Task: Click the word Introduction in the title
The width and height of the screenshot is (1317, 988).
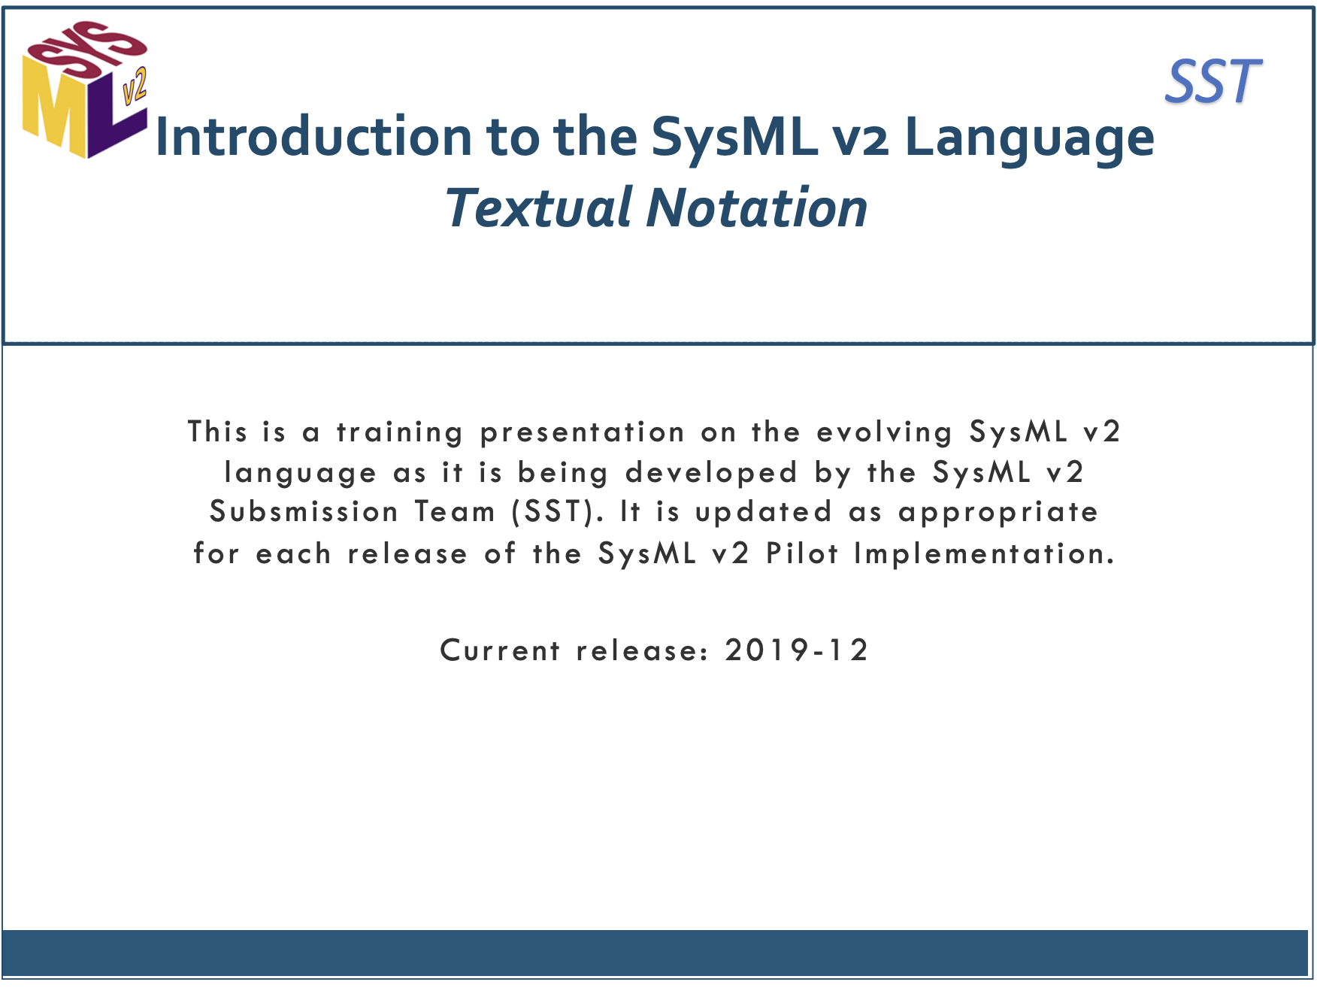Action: click(x=313, y=137)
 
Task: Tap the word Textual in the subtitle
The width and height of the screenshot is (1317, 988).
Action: click(x=539, y=208)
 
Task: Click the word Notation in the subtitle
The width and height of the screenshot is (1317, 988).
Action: click(x=757, y=208)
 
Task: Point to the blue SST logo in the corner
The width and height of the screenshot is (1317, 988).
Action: click(x=1213, y=81)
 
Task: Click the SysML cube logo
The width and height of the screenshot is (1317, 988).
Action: click(x=84, y=89)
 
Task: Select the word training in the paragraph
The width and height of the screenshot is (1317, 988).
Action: click(x=399, y=432)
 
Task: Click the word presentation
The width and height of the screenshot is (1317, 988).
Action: click(x=583, y=432)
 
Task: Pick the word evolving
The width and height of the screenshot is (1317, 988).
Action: click(x=885, y=432)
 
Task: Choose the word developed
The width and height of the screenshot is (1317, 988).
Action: click(x=711, y=473)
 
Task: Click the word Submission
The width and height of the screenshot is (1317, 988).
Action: click(x=304, y=512)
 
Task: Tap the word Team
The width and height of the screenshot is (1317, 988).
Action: click(x=456, y=512)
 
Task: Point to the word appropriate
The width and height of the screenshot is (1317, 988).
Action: click(x=998, y=514)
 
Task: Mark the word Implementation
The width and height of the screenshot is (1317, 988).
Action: click(x=984, y=554)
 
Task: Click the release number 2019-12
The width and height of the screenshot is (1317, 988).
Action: click(x=796, y=650)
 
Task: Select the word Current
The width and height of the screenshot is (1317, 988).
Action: click(x=500, y=650)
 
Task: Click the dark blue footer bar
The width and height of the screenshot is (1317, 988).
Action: click(x=655, y=953)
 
